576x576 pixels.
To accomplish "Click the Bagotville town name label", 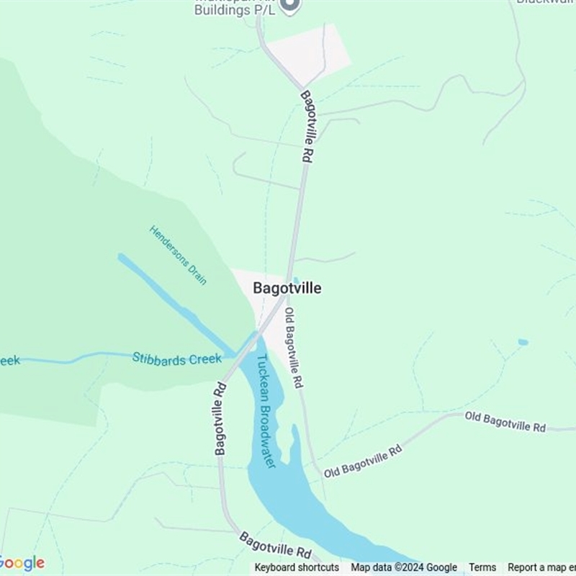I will click(x=287, y=288).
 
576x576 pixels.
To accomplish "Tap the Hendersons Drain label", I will click(x=178, y=255).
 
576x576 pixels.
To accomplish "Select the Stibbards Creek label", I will click(x=176, y=359).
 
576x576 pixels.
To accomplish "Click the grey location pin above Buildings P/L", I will click(x=289, y=6).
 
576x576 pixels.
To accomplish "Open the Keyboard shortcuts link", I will click(x=297, y=567).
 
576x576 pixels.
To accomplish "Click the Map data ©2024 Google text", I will click(x=404, y=567).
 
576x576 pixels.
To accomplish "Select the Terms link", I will click(x=482, y=567).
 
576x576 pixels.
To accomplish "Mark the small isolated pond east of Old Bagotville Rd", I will click(x=523, y=342).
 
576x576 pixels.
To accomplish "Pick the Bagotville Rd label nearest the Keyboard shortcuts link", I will click(x=275, y=546).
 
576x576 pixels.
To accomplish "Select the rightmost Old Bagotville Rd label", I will click(x=505, y=421).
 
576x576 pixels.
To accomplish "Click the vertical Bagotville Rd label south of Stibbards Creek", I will click(x=220, y=418).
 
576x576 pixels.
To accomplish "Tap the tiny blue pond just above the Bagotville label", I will click(x=296, y=280).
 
